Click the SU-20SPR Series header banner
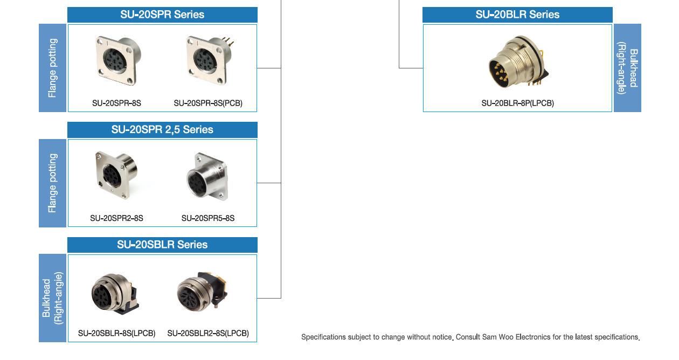tap(163, 15)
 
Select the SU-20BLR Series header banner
tap(517, 15)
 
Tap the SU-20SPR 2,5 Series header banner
tap(163, 130)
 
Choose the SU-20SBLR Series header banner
tap(163, 245)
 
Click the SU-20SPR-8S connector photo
tap(119, 61)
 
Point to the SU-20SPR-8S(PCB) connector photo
tap(210, 61)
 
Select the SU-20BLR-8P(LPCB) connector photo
tap(518, 62)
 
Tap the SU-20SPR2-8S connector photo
tap(116, 175)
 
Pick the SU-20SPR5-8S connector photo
tap(207, 177)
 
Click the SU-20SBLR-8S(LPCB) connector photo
tap(115, 294)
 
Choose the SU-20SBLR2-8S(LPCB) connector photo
tap(203, 291)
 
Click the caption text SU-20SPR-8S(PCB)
tap(208, 103)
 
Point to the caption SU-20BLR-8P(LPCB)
tap(518, 103)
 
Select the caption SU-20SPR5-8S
tap(208, 218)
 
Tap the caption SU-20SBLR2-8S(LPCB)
tap(208, 334)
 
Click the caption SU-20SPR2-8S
tap(117, 218)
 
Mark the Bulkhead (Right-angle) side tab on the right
tap(627, 68)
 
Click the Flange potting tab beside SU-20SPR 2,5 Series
tap(52, 183)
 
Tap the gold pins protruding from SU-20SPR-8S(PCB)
tap(228, 41)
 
